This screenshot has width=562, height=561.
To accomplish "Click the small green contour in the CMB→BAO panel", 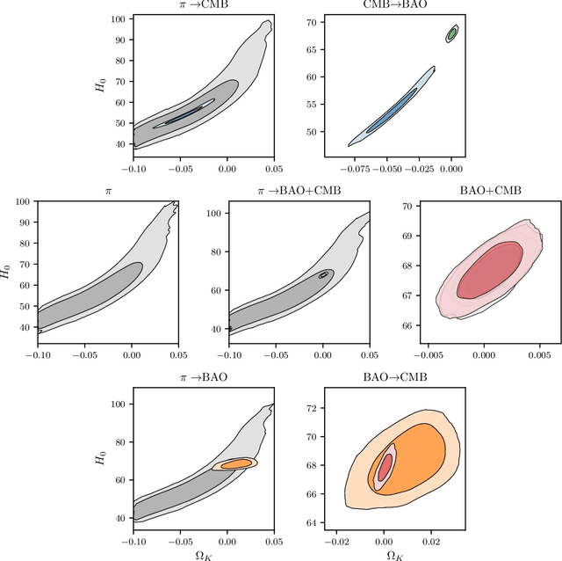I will click(x=452, y=33).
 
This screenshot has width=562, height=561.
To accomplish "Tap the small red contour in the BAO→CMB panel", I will click(x=385, y=466).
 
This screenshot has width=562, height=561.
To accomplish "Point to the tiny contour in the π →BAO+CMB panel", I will click(x=324, y=274).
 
